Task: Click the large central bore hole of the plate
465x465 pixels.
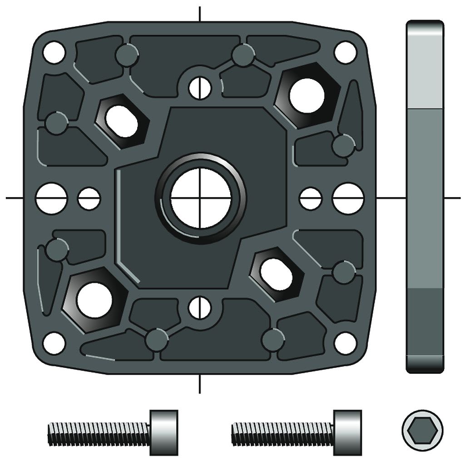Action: coord(201,198)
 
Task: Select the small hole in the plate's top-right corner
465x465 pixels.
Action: coord(345,52)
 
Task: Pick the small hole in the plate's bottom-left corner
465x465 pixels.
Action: coord(54,343)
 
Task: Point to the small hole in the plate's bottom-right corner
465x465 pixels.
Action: coord(345,343)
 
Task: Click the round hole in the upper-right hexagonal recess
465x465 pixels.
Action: coord(307,96)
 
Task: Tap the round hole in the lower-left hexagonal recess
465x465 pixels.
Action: coord(94,300)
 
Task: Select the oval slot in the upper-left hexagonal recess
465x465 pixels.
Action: coord(121,121)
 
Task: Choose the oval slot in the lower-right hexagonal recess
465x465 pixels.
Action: coord(276,274)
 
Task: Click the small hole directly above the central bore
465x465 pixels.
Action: coord(200,87)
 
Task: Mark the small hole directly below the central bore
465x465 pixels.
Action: coord(200,307)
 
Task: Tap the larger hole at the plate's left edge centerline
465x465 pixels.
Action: coord(51,198)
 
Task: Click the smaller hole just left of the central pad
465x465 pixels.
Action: coord(89,198)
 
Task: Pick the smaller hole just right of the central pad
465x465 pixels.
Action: coord(311,198)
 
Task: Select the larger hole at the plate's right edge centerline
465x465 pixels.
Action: coord(348,198)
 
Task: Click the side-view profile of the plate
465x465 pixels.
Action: coord(425,197)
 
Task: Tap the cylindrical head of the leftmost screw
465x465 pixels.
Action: coord(163,433)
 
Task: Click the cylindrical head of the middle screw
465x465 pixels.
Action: coord(348,433)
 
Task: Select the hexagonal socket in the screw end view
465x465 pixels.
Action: coord(422,430)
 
